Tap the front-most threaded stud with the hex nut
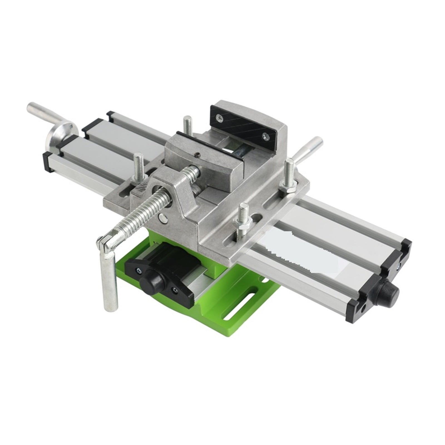(x=244, y=220)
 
